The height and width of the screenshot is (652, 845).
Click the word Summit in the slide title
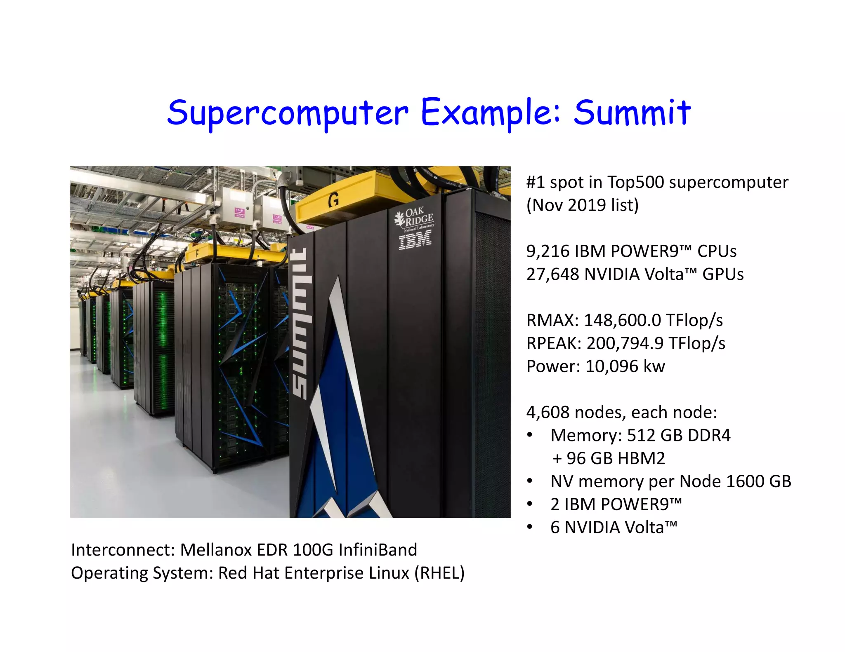(632, 112)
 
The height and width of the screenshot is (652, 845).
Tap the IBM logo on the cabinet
(415, 240)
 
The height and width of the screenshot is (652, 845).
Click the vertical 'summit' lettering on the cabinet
(300, 324)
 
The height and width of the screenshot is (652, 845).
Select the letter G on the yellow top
(333, 200)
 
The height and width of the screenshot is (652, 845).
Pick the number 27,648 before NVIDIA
(552, 274)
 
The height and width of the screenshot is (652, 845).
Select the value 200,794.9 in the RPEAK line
(625, 343)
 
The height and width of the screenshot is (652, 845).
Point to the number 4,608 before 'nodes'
(548, 412)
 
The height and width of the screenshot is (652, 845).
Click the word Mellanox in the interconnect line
(216, 550)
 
